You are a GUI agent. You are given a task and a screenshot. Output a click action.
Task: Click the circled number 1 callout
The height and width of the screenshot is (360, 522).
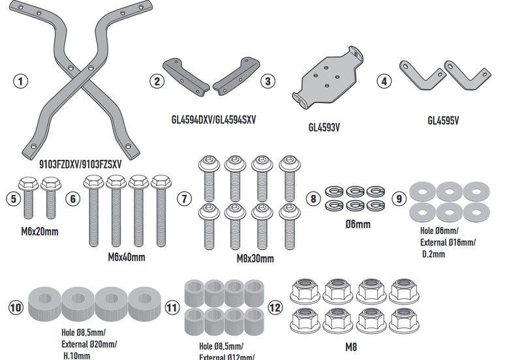pos(21,82)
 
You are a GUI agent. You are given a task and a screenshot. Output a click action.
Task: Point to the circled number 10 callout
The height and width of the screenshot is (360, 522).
pos(16,306)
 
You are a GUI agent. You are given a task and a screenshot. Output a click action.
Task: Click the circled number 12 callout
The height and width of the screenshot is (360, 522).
pos(275,306)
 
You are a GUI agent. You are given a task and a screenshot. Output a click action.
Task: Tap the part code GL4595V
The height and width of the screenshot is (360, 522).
pos(444,120)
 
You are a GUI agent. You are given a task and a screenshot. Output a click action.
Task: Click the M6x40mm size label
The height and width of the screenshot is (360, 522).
pos(126,256)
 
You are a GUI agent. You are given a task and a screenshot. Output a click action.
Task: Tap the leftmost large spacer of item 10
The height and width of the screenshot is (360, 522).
pos(44,305)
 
